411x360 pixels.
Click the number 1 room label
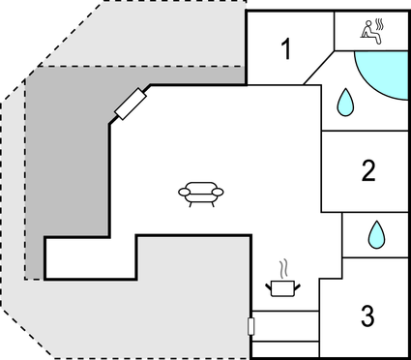[286, 49]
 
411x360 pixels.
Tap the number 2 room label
[367, 171]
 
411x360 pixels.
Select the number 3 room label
[367, 315]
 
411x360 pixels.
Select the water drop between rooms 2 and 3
[377, 233]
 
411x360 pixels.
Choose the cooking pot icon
[282, 286]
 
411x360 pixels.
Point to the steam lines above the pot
[282, 267]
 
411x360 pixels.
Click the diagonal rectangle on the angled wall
[130, 104]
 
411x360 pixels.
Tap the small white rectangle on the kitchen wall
[251, 326]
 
